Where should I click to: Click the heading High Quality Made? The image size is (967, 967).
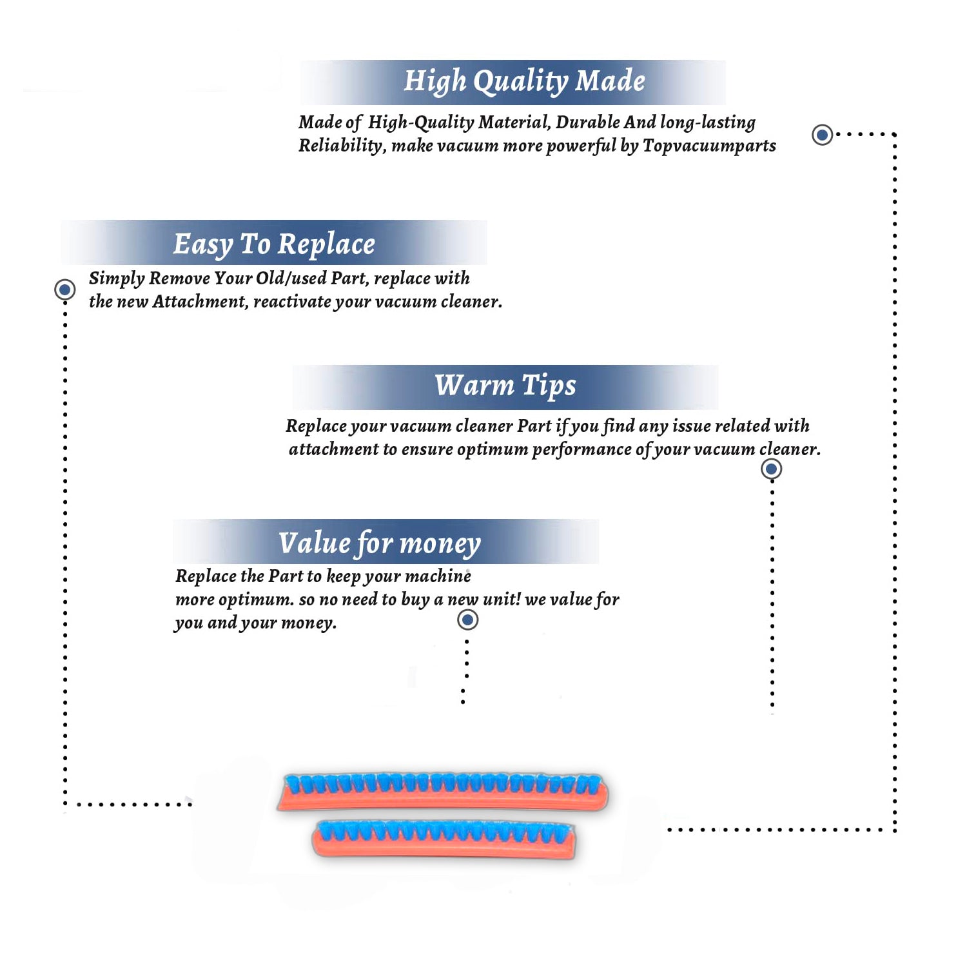point(524,82)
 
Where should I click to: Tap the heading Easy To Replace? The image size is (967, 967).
point(274,244)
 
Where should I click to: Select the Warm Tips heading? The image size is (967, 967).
point(505,386)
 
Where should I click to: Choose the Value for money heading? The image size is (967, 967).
point(380,543)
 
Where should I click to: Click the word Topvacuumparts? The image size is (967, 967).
point(709,146)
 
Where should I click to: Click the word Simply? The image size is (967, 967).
point(117,278)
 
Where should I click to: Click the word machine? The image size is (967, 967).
point(438,576)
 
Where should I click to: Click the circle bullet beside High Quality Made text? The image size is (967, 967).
point(822,135)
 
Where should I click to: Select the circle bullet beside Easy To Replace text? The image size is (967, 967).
point(64,289)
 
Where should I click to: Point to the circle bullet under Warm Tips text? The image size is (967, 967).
point(772,469)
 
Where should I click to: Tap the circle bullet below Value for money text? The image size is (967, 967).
point(467,620)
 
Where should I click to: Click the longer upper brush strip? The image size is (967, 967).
point(443,792)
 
